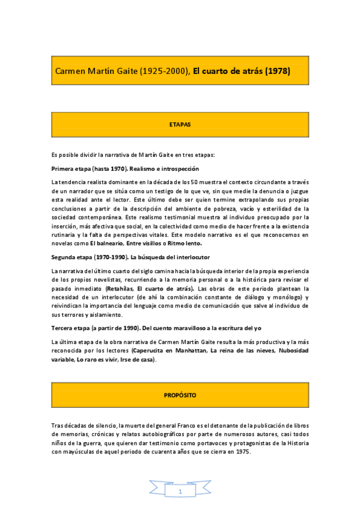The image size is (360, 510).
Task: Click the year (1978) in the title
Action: (x=276, y=71)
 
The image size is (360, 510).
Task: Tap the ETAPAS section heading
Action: (x=180, y=124)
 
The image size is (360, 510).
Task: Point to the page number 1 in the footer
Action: (x=180, y=491)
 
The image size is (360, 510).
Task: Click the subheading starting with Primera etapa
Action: (x=125, y=168)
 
